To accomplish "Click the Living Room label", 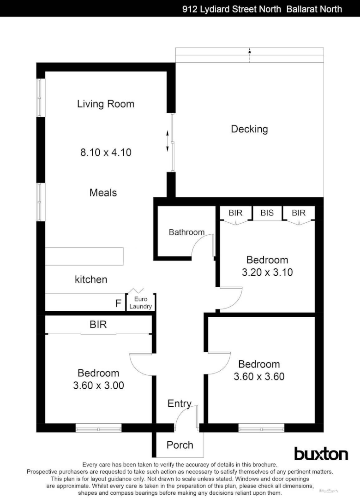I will coord(106,104).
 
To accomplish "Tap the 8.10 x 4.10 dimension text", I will coord(106,152).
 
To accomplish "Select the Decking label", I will coord(249,129).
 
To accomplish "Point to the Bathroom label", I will coord(186,232).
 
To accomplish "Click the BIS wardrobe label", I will coord(267,213).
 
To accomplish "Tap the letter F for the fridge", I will coord(119,304).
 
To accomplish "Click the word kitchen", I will coord(91,279).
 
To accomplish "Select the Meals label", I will coord(103,192).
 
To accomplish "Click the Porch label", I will coord(180,445).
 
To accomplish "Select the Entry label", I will coord(179,404).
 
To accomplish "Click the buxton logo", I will coord(321,454).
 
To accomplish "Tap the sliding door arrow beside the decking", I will coord(167,141).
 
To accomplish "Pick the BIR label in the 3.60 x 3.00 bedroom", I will coord(98,325).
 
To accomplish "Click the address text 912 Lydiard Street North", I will coord(231,9).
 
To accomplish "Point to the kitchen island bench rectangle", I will coord(84,256).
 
